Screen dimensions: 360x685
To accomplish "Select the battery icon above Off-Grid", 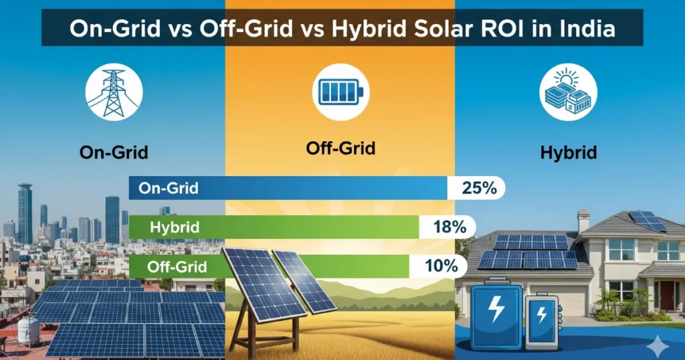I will pyautogui.click(x=341, y=92).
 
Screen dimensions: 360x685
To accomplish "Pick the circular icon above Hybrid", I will pyautogui.click(x=567, y=92).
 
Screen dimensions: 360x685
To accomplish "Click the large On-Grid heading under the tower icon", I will pyautogui.click(x=113, y=152).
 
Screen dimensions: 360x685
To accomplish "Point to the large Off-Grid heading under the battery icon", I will pyautogui.click(x=340, y=149).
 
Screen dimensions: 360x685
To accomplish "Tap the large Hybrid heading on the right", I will pyautogui.click(x=568, y=152).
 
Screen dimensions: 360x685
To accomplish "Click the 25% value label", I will pyautogui.click(x=479, y=189).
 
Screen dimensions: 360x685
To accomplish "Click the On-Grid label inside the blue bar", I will pyautogui.click(x=168, y=189).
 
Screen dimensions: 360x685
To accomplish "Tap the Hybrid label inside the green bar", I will pyautogui.click(x=176, y=227).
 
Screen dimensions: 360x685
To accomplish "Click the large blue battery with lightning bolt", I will pyautogui.click(x=497, y=315).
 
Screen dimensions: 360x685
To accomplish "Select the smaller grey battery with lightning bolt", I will pyautogui.click(x=543, y=321).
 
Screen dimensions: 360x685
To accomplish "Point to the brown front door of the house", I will pyautogui.click(x=667, y=295).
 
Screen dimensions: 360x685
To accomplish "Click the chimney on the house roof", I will pyautogui.click(x=583, y=221).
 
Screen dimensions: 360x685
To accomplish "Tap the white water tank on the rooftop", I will pyautogui.click(x=28, y=329).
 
